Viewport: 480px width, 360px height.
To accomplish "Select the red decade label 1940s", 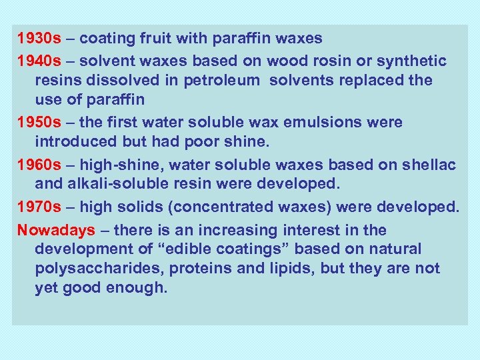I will (x=39, y=61).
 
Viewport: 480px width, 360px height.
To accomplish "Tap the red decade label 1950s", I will (x=39, y=123).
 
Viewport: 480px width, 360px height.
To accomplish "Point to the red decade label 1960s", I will (x=39, y=165).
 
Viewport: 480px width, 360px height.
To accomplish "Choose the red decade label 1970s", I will (x=39, y=207).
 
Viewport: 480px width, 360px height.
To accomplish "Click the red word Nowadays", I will (x=57, y=230).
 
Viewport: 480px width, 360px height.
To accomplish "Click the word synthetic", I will (x=412, y=61).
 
